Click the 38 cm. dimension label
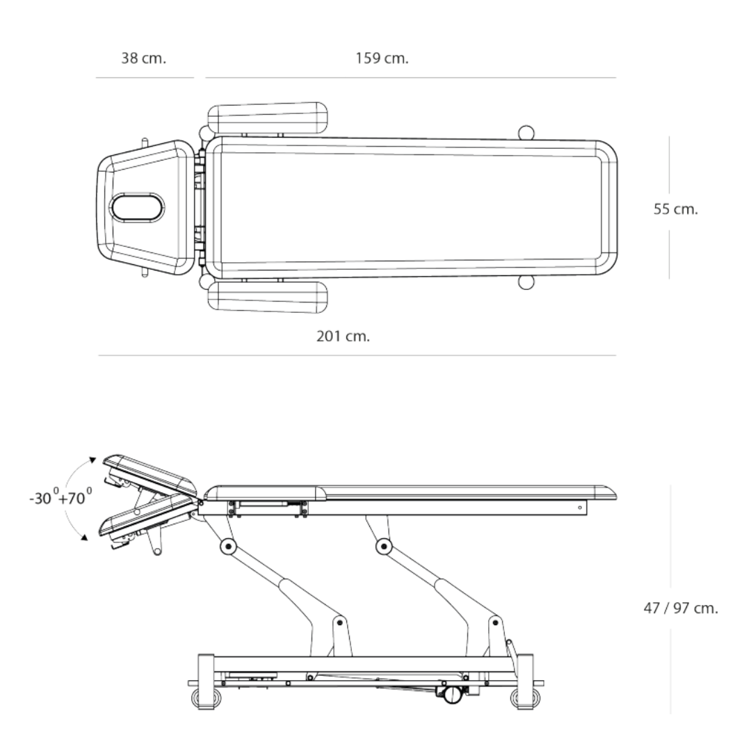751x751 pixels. point(143,58)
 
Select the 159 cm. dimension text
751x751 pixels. point(382,58)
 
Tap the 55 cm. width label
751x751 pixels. point(675,209)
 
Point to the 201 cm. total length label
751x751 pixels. point(343,337)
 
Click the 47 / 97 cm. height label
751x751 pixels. point(681,608)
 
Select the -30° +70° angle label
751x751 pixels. point(60,497)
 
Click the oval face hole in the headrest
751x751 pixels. point(137,208)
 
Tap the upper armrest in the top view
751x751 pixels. point(268,118)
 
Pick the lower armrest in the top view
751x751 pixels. point(268,298)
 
